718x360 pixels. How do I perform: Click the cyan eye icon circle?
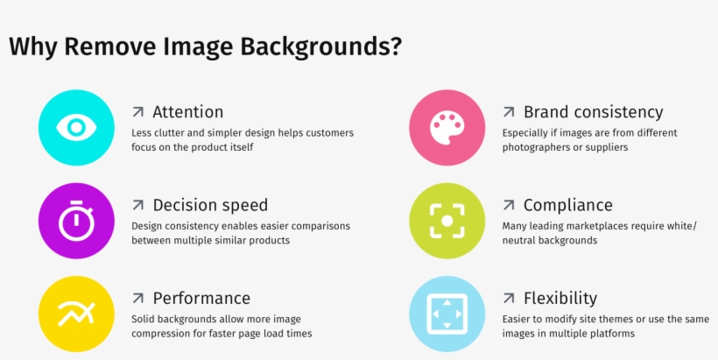pos(77,128)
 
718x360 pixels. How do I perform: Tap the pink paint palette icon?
pos(447,128)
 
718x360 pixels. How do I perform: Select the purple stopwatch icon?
pos(77,221)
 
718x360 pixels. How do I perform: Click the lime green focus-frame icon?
pos(447,221)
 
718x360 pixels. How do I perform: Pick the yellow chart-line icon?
pos(77,314)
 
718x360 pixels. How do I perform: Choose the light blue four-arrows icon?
pos(447,314)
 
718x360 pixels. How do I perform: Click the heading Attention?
pos(187,112)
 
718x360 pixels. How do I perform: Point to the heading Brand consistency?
pos(593,112)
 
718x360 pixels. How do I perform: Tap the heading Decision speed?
pos(210,205)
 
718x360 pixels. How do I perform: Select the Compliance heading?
pos(567,205)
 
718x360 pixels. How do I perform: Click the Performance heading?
pos(201,298)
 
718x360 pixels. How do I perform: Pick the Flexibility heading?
pos(560,298)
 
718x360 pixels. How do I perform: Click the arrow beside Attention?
pos(137,112)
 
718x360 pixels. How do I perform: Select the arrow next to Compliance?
pos(508,205)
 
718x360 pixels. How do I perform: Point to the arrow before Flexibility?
pos(508,298)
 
